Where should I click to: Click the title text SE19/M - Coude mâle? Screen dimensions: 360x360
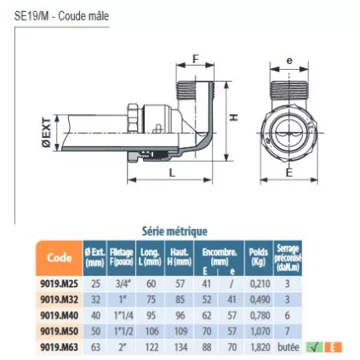point(62,15)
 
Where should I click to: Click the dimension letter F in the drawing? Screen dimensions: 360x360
point(196,60)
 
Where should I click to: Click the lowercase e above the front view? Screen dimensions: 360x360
point(289,61)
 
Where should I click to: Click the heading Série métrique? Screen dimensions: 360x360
point(174,231)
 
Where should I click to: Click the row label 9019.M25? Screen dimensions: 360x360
point(59,283)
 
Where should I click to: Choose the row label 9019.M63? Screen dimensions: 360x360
point(59,347)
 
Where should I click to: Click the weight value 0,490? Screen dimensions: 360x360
point(259,299)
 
